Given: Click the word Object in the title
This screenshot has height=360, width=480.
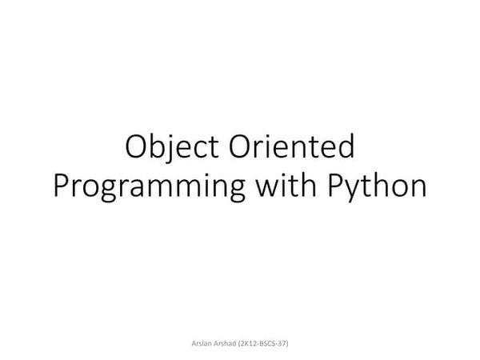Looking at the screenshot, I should (174, 150).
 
